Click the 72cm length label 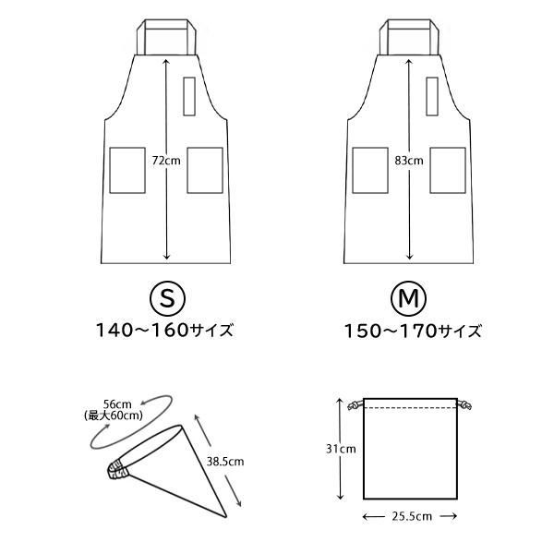[x=166, y=161]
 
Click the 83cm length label [x=409, y=161]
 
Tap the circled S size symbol [x=168, y=299]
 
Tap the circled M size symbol [x=408, y=299]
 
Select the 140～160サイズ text [x=164, y=331]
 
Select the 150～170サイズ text [x=413, y=331]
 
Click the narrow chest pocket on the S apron [x=189, y=96]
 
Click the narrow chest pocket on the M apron [x=432, y=96]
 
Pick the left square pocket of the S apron [x=127, y=170]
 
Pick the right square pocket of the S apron [x=205, y=170]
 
